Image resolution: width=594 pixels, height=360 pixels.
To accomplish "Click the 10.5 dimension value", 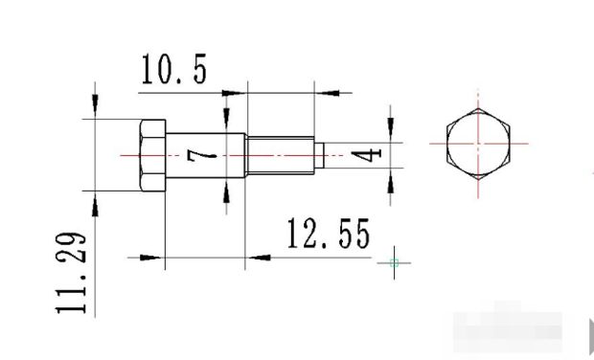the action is [174, 69].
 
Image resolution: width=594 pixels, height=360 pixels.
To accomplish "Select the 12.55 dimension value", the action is [329, 234].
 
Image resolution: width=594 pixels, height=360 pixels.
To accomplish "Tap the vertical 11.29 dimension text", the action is [71, 273].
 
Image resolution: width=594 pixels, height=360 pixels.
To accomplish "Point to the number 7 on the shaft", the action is [202, 155].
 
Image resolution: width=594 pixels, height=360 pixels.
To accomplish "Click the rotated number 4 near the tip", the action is [366, 154].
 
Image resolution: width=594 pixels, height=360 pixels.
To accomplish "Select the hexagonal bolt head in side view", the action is [152, 155].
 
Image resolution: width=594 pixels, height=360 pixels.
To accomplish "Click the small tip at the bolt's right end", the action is [319, 155].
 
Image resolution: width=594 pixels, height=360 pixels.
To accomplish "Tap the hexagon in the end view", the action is [478, 144].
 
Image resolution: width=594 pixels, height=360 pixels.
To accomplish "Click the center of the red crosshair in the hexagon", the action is [478, 144].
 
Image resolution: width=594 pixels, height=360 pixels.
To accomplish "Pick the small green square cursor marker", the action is [394, 262].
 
